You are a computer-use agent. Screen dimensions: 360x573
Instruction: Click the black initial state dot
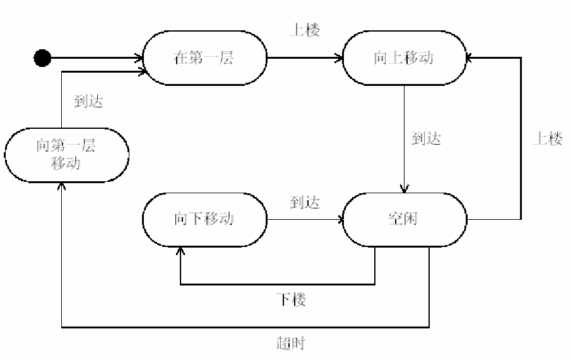pos(42,59)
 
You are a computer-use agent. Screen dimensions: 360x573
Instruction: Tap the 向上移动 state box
pos(405,59)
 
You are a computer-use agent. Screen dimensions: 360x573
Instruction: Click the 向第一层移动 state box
pos(66,155)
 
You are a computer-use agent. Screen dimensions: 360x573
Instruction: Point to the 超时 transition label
pos(292,344)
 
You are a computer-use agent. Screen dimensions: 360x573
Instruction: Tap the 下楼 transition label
pos(292,299)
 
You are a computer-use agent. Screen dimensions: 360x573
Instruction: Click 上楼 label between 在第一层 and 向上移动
pos(305,30)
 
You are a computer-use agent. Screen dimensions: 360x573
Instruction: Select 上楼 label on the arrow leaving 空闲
pos(546,139)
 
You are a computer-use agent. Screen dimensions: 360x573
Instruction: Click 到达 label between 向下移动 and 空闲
pos(305,202)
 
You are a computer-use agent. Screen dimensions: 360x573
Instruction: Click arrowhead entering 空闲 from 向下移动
pos(340,220)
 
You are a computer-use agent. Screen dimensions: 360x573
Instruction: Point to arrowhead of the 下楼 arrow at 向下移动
pos(180,251)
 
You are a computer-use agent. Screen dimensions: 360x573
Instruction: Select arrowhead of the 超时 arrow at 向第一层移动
pos(61,186)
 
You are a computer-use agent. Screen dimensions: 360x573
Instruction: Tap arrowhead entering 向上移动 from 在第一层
pos(340,59)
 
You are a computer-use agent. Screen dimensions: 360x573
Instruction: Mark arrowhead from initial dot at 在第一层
pos(140,59)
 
